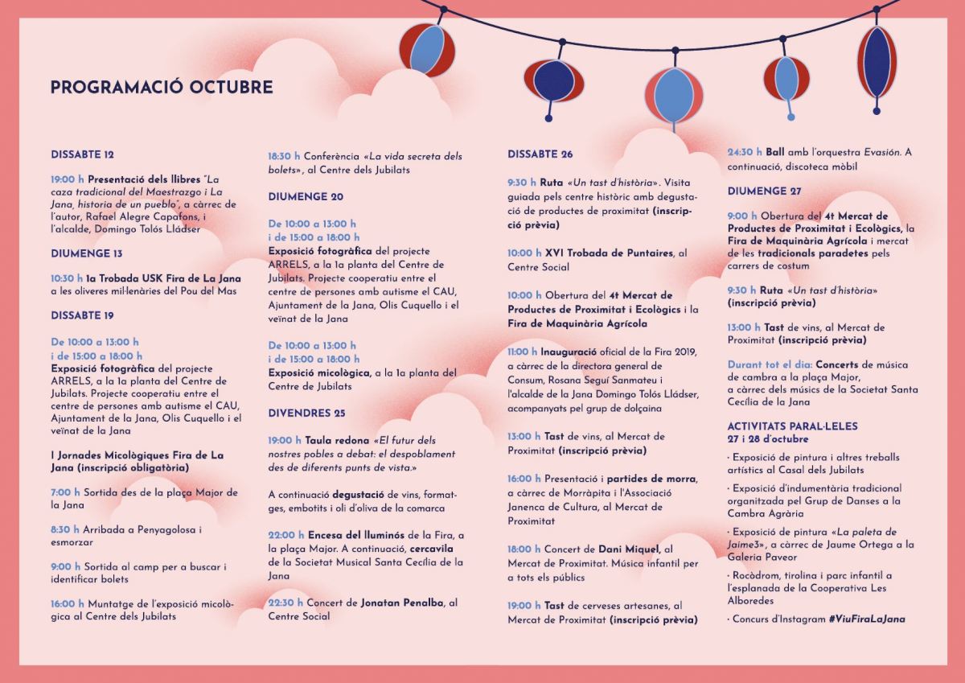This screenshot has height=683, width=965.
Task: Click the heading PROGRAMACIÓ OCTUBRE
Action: (162, 88)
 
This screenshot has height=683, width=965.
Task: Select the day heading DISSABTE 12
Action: (82, 154)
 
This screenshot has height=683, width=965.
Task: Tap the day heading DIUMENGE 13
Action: (87, 253)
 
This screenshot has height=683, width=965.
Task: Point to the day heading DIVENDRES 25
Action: (306, 413)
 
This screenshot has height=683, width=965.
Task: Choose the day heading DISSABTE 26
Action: (540, 154)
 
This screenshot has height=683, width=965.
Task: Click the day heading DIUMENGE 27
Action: (765, 191)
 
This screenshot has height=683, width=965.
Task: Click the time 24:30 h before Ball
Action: (744, 152)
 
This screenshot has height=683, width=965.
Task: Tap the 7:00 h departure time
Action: (65, 492)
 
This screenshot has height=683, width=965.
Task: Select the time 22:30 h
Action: (285, 603)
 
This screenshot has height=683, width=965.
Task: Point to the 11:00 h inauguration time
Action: (522, 352)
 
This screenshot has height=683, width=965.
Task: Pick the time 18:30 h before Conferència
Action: (284, 156)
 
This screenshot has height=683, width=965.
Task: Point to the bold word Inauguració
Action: (569, 352)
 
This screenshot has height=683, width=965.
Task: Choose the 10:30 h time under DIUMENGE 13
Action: (67, 278)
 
